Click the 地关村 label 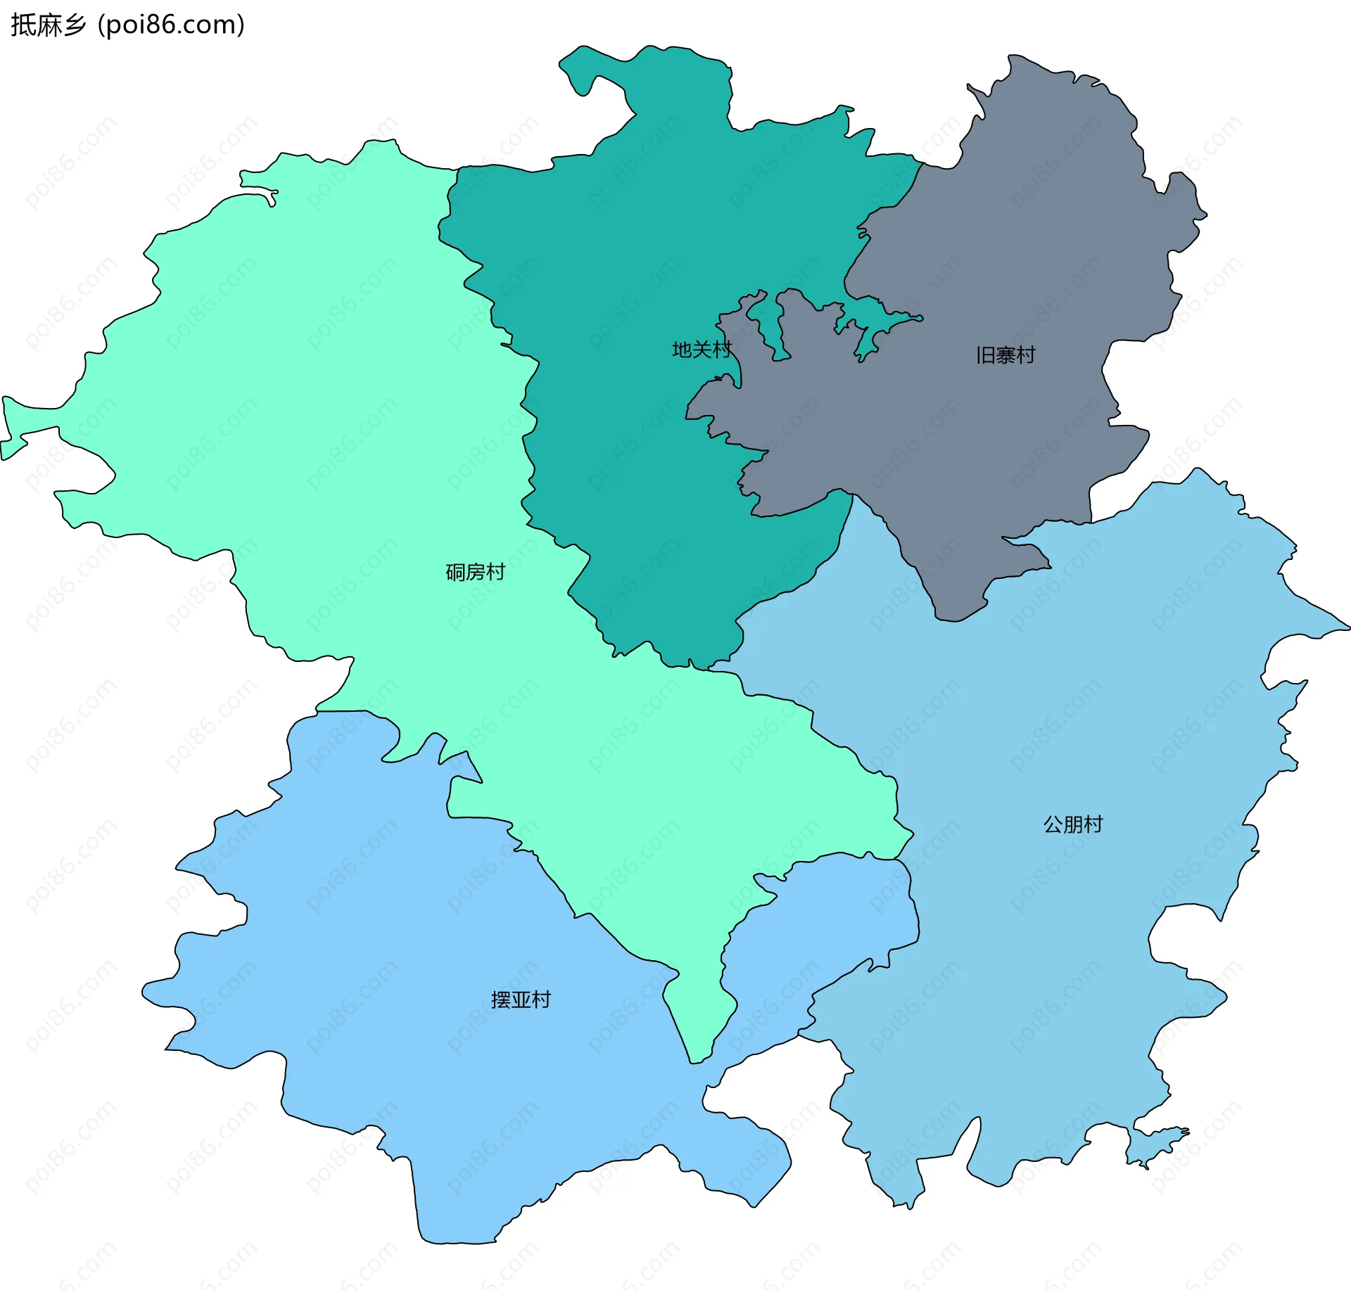point(702,350)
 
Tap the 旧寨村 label point(1006,355)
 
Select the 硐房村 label point(475,573)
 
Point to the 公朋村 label point(1072,824)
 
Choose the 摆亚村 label point(521,1000)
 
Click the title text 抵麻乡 point(48,25)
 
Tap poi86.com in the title point(171,25)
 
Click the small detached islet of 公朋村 point(1154,1144)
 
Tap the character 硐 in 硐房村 point(455,573)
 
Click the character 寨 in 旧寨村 point(1006,355)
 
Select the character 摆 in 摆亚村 point(501,1000)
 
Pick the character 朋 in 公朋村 point(1072,824)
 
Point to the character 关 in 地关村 point(702,350)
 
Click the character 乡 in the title point(74,25)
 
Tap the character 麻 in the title point(48,25)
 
